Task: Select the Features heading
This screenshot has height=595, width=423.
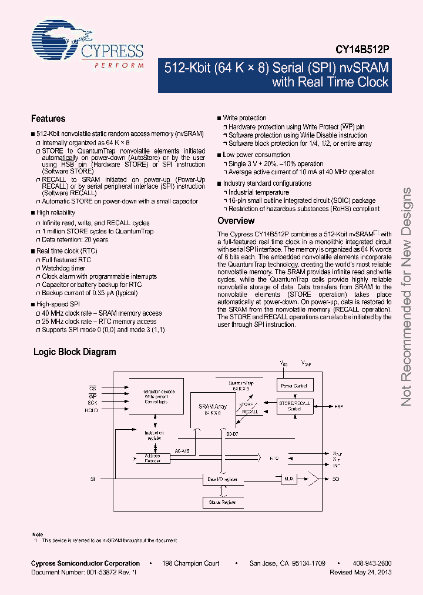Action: tap(48, 118)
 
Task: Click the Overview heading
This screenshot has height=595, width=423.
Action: tap(236, 221)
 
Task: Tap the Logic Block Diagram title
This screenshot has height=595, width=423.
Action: tap(75, 352)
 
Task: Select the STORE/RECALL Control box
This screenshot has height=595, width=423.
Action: tap(294, 406)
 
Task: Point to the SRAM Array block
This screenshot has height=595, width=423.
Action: tap(212, 409)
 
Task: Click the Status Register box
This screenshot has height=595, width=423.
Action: tap(221, 502)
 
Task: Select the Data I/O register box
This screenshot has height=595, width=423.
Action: tap(222, 480)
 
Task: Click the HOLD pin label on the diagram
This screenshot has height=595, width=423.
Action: tap(91, 410)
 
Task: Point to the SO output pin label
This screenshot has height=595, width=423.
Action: tap(335, 480)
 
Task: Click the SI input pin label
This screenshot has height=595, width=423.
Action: tap(93, 480)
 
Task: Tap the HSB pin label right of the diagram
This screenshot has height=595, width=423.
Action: tap(338, 406)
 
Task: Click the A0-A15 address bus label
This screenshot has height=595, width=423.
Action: tap(182, 452)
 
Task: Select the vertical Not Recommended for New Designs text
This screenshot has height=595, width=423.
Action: tap(406, 297)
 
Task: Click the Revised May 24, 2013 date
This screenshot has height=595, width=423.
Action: tap(361, 572)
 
